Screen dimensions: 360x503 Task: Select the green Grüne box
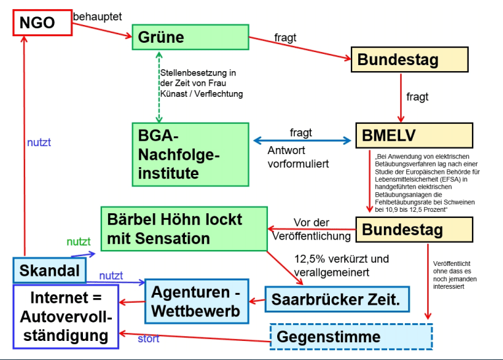click(190, 38)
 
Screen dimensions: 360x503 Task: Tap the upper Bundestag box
click(410, 59)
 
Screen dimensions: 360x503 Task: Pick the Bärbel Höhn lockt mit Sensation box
click(184, 228)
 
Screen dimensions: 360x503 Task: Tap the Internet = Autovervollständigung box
click(65, 317)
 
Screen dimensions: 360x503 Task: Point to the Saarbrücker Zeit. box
click(336, 299)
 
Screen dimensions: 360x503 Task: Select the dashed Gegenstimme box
click(352, 336)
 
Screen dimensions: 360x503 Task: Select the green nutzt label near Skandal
click(78, 243)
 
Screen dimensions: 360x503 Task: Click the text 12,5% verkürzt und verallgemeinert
click(332, 265)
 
